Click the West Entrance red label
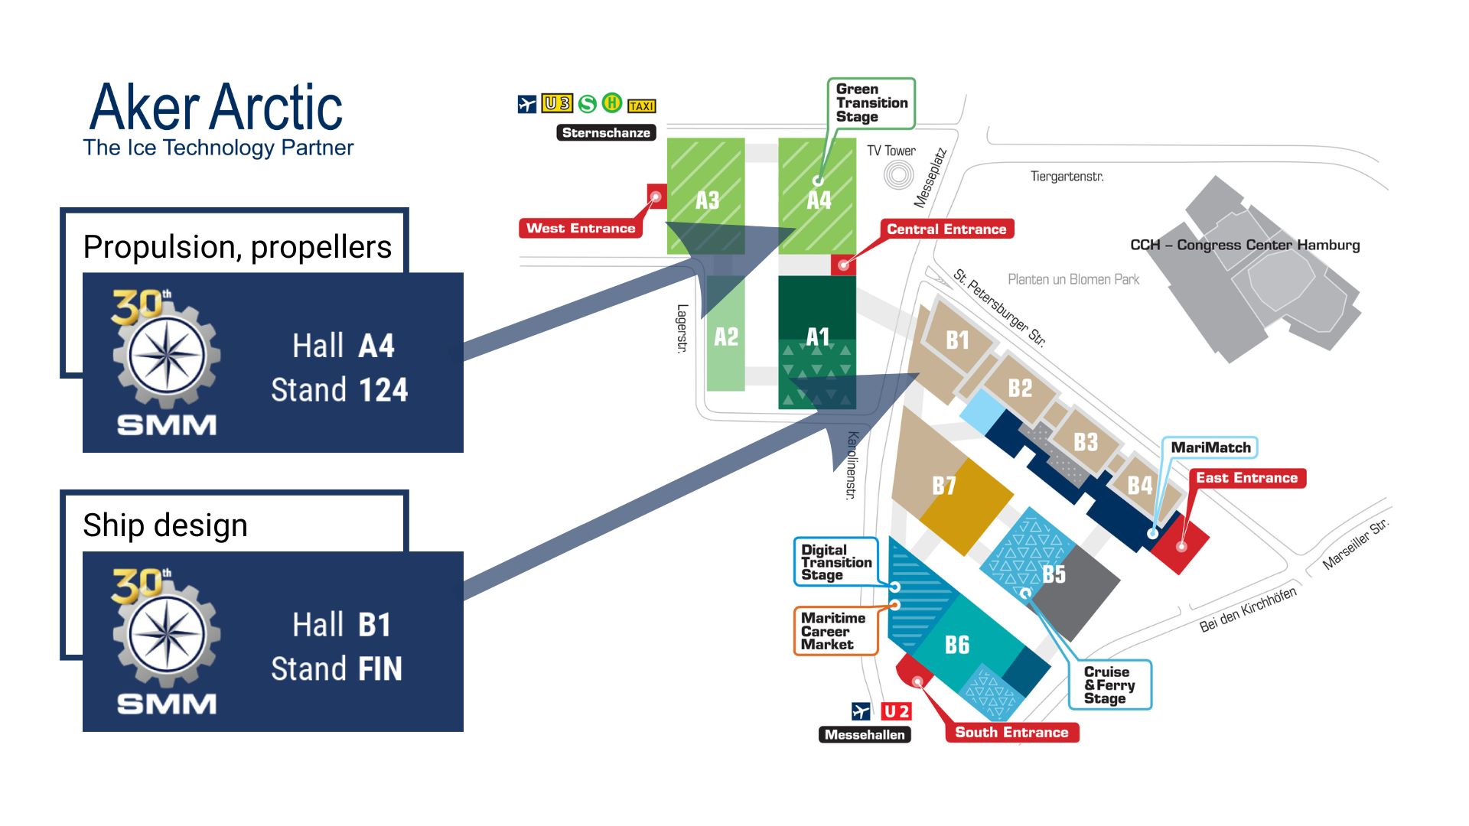[x=581, y=228]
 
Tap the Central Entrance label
[x=946, y=229]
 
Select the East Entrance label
[x=1246, y=478]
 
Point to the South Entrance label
[x=1011, y=732]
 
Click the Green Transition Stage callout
[x=871, y=102]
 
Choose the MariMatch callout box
[x=1210, y=447]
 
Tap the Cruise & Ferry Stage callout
[x=1109, y=685]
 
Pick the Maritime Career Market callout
[x=833, y=631]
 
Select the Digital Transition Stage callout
[x=835, y=562]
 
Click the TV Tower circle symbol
[x=898, y=174]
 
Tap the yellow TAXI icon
[x=641, y=106]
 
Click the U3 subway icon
[x=557, y=103]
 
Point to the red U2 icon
[x=896, y=711]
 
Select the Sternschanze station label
[x=606, y=132]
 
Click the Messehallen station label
[x=865, y=734]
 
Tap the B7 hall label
[x=944, y=485]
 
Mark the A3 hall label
[x=707, y=200]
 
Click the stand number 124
[x=383, y=390]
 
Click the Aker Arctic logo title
[x=217, y=108]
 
